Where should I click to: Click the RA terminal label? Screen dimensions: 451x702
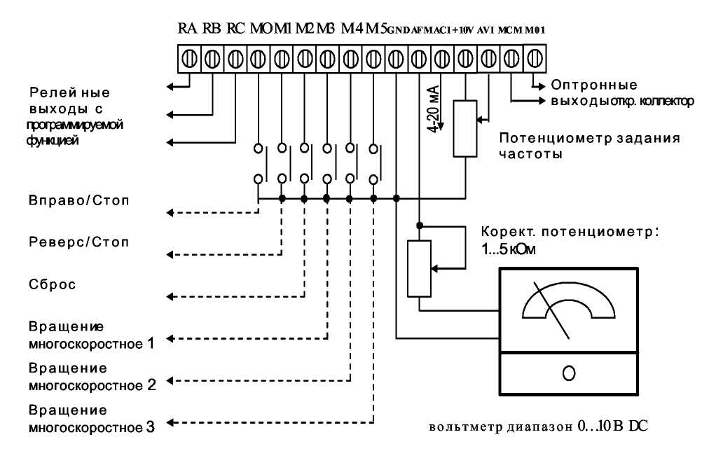(187, 29)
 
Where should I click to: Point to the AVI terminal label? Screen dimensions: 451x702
(486, 31)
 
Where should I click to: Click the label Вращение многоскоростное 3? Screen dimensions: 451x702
(91, 417)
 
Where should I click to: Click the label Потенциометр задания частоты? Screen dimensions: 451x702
(589, 145)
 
